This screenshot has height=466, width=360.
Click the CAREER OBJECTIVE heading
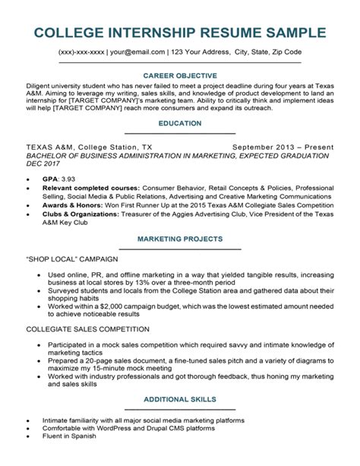[x=180, y=76]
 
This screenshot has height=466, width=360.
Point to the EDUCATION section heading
[x=180, y=122]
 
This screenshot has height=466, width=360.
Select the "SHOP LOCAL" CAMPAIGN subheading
[x=74, y=258]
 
